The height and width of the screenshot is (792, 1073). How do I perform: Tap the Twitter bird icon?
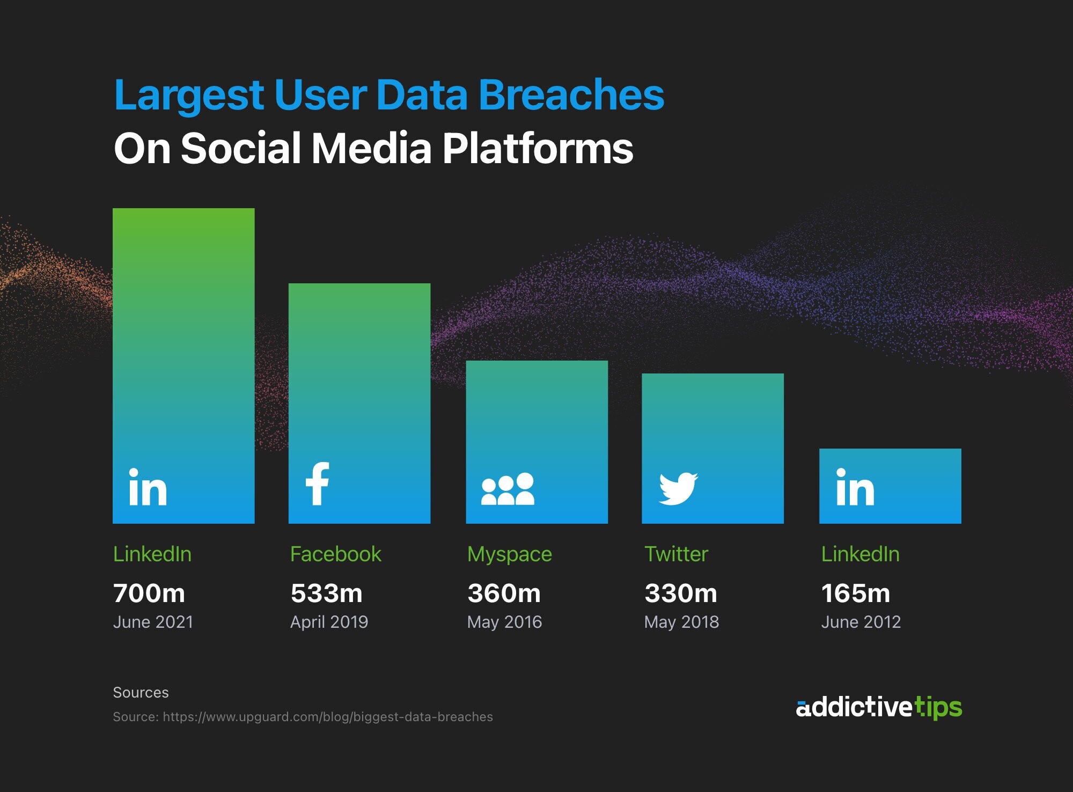click(678, 488)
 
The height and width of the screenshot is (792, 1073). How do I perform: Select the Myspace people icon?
click(508, 489)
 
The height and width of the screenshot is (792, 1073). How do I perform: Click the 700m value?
click(149, 593)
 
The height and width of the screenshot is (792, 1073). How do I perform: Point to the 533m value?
click(326, 593)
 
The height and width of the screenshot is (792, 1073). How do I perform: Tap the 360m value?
click(504, 593)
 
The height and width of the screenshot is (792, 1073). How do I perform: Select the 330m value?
click(681, 593)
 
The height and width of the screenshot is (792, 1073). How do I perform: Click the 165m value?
click(856, 593)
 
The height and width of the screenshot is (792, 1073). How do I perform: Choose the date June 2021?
click(153, 622)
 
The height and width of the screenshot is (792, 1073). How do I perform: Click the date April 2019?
click(329, 622)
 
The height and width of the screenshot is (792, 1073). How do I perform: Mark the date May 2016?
click(504, 622)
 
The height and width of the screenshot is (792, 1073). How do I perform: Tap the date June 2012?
click(861, 622)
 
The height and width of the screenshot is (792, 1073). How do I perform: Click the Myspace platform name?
click(509, 554)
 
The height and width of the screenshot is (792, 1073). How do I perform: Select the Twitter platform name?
click(676, 554)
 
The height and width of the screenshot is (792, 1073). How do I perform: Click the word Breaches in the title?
click(571, 95)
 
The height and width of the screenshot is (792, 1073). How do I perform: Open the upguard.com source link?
click(327, 717)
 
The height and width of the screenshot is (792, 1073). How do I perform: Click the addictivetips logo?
click(879, 707)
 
